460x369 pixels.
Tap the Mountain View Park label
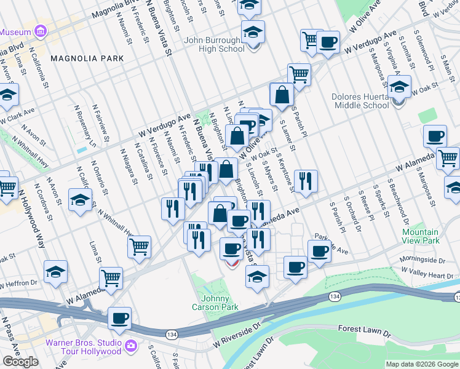point(421,236)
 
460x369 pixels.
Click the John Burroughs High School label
point(214,44)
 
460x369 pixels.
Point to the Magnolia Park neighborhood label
point(87,58)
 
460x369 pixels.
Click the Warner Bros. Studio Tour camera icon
point(130,346)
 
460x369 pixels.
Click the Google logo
point(20,362)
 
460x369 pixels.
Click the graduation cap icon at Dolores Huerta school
point(399,88)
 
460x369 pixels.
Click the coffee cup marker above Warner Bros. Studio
point(119,319)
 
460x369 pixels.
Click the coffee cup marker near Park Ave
point(319,251)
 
